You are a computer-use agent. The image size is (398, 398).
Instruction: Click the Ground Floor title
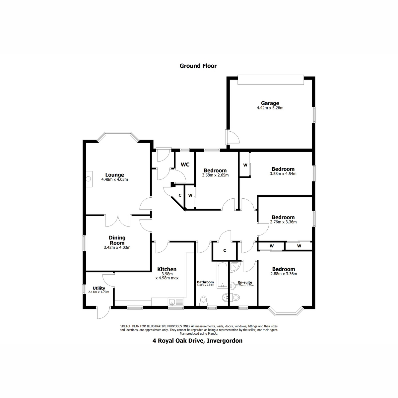tap(198, 66)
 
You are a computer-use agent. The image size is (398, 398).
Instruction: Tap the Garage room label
tap(270, 103)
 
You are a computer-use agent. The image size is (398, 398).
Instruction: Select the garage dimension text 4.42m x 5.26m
tap(270, 108)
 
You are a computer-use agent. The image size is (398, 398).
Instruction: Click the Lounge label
tap(114, 175)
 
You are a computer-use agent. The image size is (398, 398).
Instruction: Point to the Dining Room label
tap(117, 240)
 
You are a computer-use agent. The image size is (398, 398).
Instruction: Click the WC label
tap(185, 165)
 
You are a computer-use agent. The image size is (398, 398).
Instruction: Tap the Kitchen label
tap(167, 269)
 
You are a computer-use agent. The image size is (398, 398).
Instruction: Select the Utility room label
tap(99, 288)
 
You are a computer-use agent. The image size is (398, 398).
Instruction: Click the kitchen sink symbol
tap(172, 302)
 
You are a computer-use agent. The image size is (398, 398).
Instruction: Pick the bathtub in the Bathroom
tap(221, 275)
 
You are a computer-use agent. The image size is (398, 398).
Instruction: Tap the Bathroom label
tap(205, 282)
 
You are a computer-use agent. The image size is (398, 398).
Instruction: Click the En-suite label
tap(245, 282)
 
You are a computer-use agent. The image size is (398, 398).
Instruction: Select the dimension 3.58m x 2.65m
tap(215, 175)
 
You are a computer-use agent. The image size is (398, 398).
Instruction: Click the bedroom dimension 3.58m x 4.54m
tap(283, 173)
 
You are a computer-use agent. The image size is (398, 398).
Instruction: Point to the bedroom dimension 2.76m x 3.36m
tap(283, 222)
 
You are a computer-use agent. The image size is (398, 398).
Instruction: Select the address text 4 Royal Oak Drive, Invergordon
tap(197, 341)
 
